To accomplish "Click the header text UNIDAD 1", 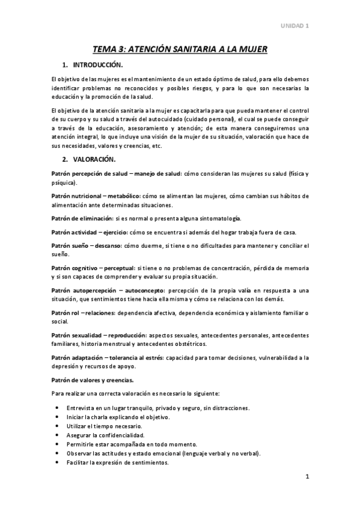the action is [296, 25].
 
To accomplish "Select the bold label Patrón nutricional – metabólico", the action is [97, 196].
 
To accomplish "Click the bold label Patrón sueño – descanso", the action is [87, 245].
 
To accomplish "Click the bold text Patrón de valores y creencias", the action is [93, 379].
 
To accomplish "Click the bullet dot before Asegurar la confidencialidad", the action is [56, 434].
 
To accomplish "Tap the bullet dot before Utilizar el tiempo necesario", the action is [56, 425].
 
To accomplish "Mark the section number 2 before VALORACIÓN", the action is [64, 159].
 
